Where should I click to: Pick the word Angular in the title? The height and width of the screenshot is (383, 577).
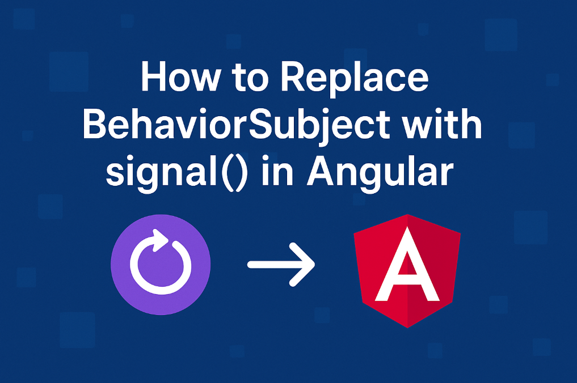click(x=380, y=171)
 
